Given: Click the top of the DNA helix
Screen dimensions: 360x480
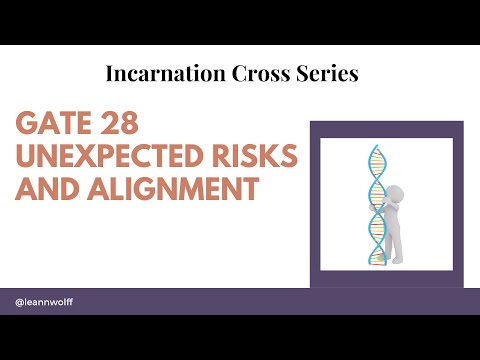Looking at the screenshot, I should (377, 150).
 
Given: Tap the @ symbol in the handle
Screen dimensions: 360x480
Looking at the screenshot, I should (20, 301).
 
